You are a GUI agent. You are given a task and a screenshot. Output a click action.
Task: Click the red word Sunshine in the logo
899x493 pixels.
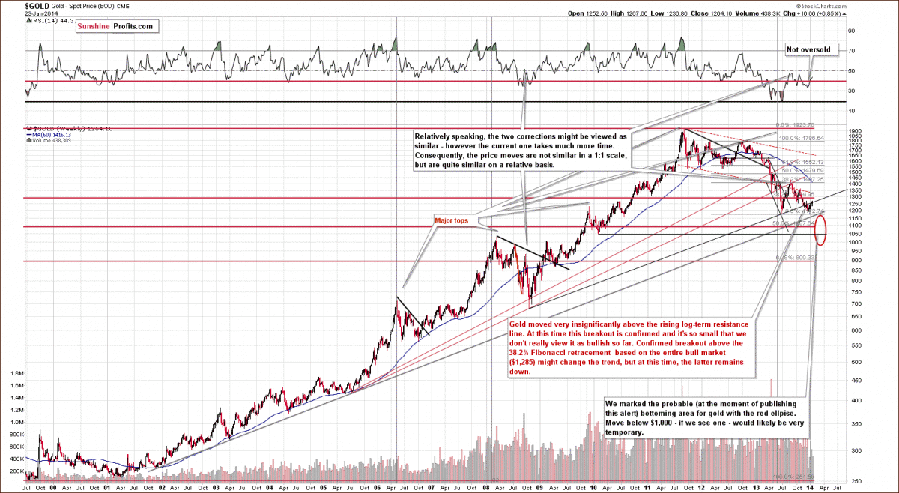tap(93, 26)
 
